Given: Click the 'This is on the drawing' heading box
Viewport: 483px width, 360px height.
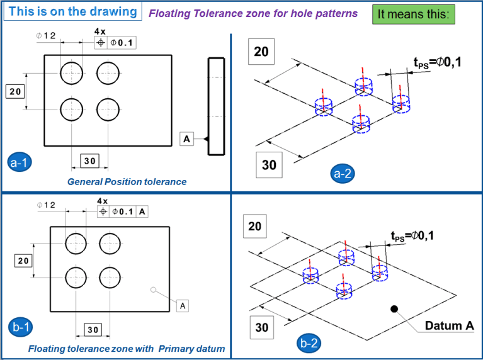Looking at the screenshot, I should pyautogui.click(x=72, y=11).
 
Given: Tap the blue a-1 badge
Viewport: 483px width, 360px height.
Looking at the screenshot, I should pyautogui.click(x=21, y=162).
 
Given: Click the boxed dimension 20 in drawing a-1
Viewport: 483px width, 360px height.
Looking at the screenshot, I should pyautogui.click(x=15, y=91).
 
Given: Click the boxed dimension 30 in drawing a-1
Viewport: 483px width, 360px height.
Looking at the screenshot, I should pyautogui.click(x=89, y=161).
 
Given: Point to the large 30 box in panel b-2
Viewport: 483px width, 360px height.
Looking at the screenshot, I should pyautogui.click(x=261, y=327).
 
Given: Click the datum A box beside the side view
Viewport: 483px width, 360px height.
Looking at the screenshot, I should pyautogui.click(x=186, y=138).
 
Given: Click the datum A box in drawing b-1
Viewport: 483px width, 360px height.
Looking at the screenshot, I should pyautogui.click(x=183, y=305).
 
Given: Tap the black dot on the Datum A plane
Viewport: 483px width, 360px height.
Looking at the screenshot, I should pyautogui.click(x=394, y=308).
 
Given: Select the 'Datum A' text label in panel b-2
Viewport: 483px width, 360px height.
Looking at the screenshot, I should pyautogui.click(x=449, y=325).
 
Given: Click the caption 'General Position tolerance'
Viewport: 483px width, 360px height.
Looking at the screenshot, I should pyautogui.click(x=127, y=182).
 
